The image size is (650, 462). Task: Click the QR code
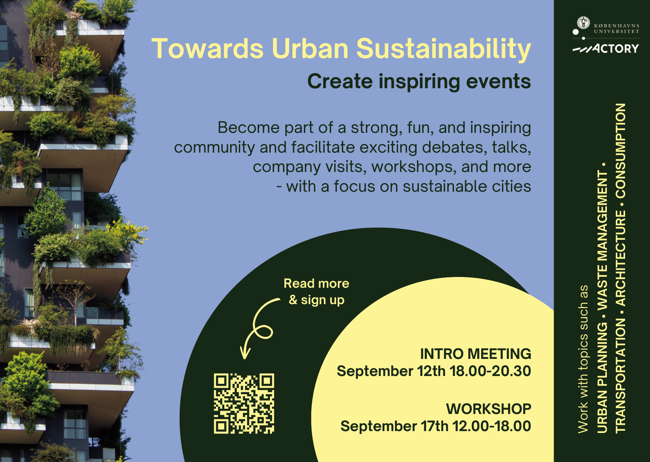click(x=244, y=404)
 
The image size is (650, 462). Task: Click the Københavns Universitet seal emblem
click(x=583, y=23)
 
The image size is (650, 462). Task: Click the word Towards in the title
click(x=207, y=48)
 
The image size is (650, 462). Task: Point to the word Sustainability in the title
click(x=444, y=49)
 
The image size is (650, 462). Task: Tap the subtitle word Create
click(x=340, y=81)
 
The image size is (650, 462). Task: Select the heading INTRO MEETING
click(x=476, y=354)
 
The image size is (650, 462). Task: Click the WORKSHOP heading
click(x=489, y=409)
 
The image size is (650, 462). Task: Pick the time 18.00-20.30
click(x=490, y=371)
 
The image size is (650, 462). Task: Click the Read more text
click(x=316, y=283)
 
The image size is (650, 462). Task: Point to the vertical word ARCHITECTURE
click(x=621, y=258)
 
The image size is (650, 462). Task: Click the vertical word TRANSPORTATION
click(x=621, y=376)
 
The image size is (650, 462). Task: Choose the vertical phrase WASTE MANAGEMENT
click(x=602, y=240)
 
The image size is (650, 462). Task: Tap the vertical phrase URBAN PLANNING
click(x=602, y=377)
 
